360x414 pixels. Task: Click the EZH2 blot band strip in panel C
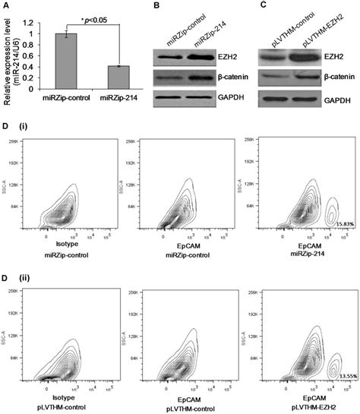coord(291,56)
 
